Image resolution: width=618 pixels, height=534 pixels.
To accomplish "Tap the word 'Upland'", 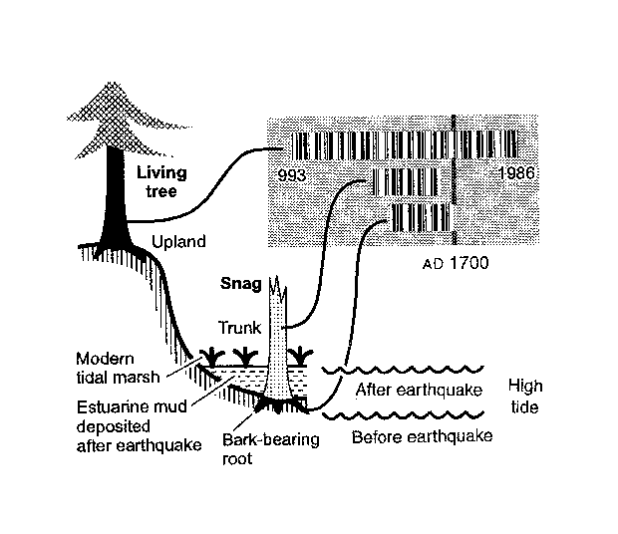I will click(x=179, y=241).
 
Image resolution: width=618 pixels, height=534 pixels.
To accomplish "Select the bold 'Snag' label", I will click(x=241, y=284).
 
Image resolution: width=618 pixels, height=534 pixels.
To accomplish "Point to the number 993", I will click(x=297, y=173).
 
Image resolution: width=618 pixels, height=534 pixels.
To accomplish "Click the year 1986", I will click(x=516, y=173).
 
